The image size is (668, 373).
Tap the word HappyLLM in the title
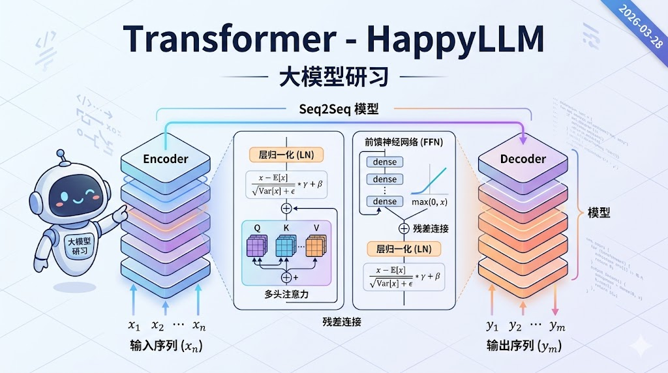(x=455, y=40)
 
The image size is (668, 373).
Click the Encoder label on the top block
(x=166, y=158)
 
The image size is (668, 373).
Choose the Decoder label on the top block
(x=523, y=158)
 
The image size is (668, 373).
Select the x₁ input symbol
(x=134, y=325)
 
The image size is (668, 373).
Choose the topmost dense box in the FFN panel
(x=384, y=162)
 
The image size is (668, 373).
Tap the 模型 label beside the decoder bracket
(x=599, y=213)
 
